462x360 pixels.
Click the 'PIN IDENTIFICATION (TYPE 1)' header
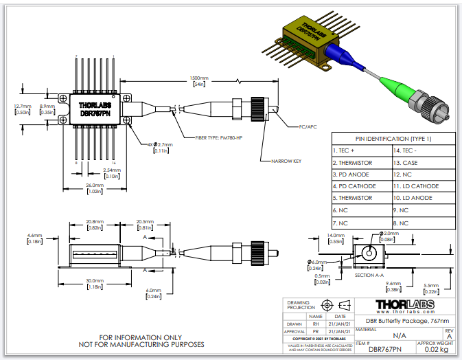[x=393, y=138]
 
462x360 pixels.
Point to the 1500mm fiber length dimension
[x=200, y=79]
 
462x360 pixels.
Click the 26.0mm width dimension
[x=94, y=186]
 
